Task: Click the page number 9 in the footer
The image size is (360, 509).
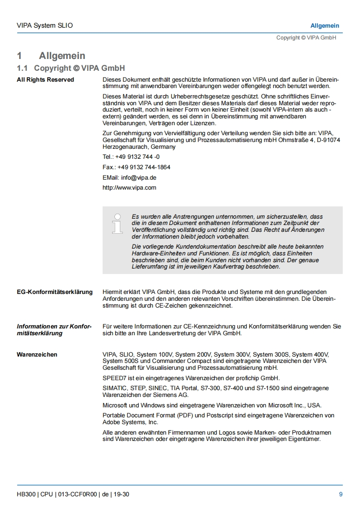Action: pyautogui.click(x=340, y=494)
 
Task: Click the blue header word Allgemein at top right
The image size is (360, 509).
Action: pyautogui.click(x=325, y=25)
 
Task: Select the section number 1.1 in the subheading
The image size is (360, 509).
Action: pyautogui.click(x=22, y=68)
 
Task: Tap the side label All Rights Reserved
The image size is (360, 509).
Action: pyautogui.click(x=45, y=80)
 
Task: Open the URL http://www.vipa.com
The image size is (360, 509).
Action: pyautogui.click(x=129, y=188)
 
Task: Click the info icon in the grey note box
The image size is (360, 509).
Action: pyautogui.click(x=118, y=224)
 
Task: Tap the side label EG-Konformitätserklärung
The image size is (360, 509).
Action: pyautogui.click(x=54, y=292)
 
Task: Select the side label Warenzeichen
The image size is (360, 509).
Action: pyautogui.click(x=37, y=355)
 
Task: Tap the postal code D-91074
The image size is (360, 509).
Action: pyautogui.click(x=328, y=140)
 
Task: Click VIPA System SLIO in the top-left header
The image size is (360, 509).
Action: pyautogui.click(x=44, y=25)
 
